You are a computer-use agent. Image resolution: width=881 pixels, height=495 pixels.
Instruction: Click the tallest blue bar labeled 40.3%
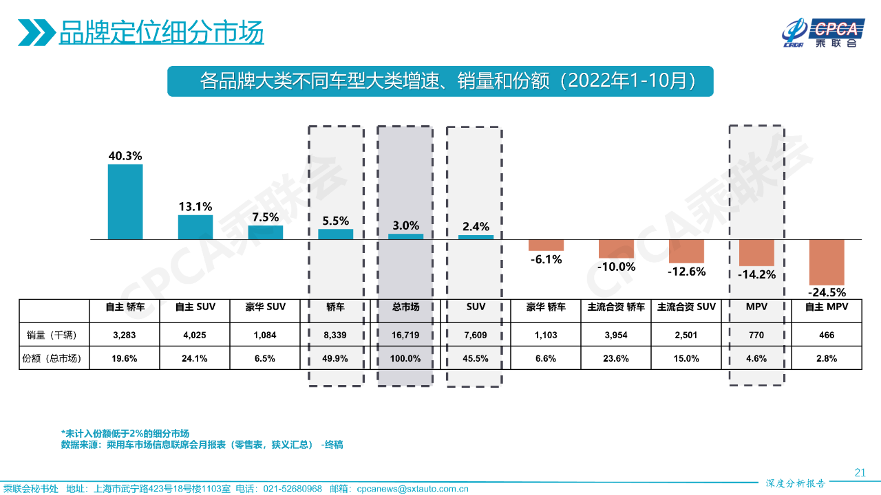tap(125, 201)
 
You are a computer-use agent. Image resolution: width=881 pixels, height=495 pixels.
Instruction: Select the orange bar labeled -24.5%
tap(826, 261)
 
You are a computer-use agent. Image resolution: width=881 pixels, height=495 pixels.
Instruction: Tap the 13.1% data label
tap(195, 206)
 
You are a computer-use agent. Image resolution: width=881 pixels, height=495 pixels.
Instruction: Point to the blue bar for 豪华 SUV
tap(266, 232)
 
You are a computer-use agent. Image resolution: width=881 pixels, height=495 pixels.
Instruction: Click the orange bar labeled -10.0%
tap(616, 248)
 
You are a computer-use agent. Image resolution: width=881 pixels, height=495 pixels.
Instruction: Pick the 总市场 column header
tap(405, 307)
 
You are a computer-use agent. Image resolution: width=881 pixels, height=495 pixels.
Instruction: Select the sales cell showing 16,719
tap(405, 335)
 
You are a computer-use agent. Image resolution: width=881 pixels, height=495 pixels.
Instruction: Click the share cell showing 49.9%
tap(335, 358)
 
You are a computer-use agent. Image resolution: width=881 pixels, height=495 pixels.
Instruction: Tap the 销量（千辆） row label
tap(54, 335)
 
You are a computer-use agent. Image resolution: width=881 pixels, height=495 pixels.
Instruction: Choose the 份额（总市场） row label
tap(54, 358)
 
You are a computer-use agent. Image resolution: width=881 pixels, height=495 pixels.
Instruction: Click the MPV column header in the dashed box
tap(756, 307)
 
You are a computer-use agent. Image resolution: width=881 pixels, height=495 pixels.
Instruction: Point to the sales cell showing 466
tap(827, 335)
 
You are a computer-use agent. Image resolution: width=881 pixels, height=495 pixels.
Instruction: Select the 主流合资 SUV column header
tap(686, 307)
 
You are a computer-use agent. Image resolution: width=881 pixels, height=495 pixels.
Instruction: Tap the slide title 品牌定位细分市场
tap(161, 32)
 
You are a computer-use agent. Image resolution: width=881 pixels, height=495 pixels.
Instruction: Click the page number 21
tap(860, 472)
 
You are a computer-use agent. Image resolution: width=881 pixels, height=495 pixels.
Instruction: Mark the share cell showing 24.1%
tap(195, 358)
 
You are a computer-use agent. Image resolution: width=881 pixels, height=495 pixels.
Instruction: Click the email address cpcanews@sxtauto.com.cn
tap(412, 489)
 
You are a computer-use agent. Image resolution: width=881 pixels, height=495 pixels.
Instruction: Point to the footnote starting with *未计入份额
tap(125, 434)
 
